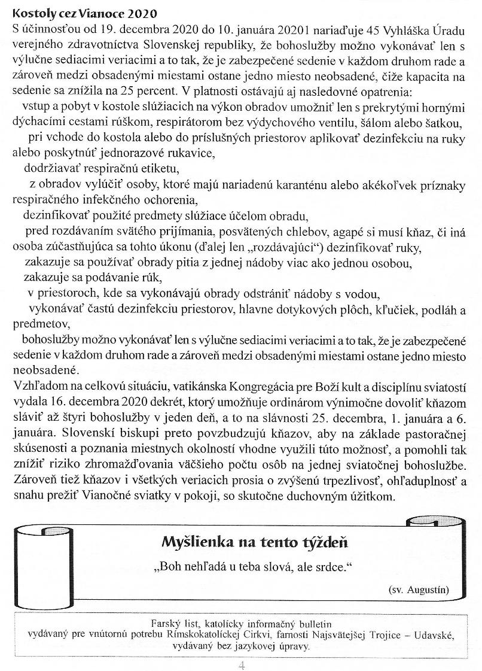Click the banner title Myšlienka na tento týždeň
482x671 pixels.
click(255, 542)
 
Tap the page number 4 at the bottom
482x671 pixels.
click(242, 664)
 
